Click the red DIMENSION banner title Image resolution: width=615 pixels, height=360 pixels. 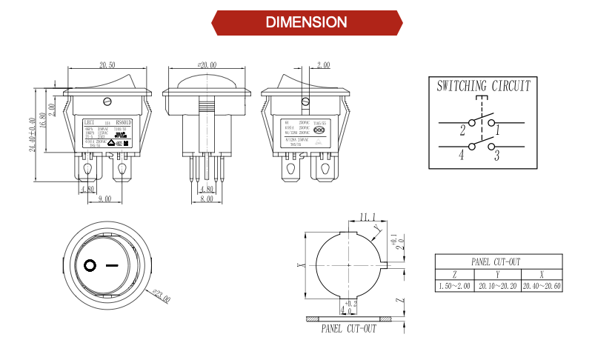point(306,22)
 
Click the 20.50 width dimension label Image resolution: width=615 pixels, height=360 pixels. point(107,66)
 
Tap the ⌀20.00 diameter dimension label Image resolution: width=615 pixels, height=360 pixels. point(206,66)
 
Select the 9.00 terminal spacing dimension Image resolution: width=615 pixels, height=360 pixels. point(104,199)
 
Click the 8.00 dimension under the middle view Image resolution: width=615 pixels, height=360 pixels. point(206,199)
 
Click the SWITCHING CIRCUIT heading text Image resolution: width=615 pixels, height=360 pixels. point(483,86)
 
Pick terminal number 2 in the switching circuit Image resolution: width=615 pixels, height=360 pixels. point(462,131)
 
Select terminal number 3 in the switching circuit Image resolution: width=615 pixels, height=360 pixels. point(496,156)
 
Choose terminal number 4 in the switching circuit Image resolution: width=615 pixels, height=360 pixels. point(461,156)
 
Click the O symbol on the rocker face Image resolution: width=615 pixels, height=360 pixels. point(90,264)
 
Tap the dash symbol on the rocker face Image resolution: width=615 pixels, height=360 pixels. point(112,264)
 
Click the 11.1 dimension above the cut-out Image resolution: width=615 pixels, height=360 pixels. point(366,217)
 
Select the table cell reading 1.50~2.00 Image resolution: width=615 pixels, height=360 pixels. point(455,286)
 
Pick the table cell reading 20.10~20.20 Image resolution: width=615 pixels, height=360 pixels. point(499,286)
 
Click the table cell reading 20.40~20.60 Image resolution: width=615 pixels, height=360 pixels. point(542,286)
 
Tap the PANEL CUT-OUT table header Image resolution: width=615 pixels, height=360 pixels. point(499,261)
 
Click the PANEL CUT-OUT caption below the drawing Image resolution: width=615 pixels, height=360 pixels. point(348,329)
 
